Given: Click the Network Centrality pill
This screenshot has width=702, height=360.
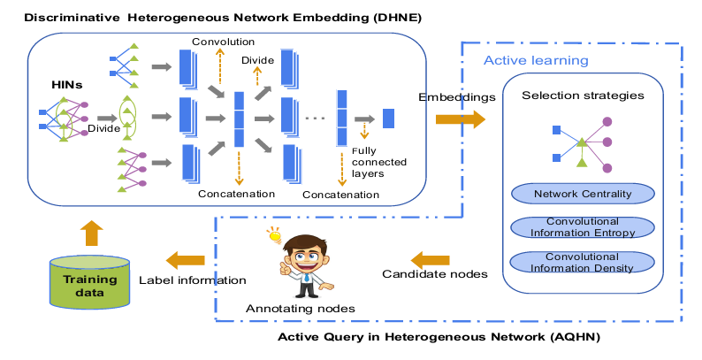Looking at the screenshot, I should click(x=582, y=194).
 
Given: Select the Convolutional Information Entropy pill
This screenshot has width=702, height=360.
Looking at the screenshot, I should click(x=582, y=227).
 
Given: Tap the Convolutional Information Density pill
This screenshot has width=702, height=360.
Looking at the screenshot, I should click(x=582, y=262).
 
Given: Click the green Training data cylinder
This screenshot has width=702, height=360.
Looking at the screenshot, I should click(x=82, y=282).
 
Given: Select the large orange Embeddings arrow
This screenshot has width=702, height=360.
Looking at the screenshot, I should click(x=461, y=119).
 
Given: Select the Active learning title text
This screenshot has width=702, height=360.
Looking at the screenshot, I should click(x=536, y=61).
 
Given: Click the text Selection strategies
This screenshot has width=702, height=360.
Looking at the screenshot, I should click(x=582, y=95).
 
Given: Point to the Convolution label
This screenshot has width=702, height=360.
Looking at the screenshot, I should click(x=223, y=42).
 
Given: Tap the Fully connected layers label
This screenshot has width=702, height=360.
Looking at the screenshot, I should click(x=367, y=162).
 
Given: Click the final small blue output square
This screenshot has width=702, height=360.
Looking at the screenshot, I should click(x=388, y=119).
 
